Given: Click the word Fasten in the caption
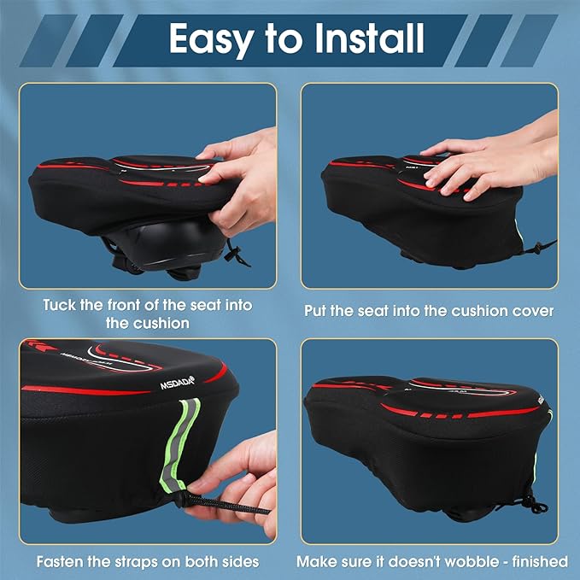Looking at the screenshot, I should [x=62, y=561].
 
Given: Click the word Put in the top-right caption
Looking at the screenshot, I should [x=318, y=311].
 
